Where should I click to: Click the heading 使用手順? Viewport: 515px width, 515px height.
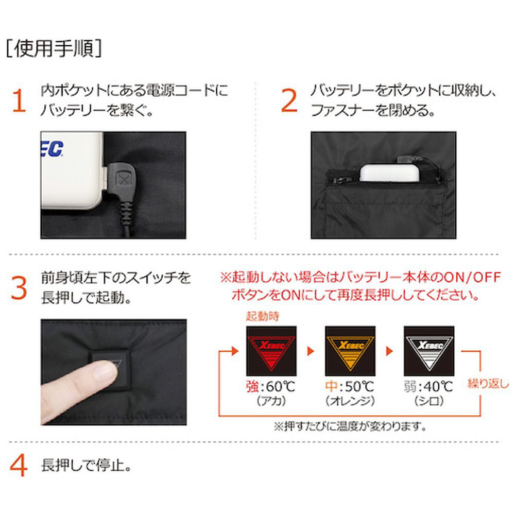tap(54, 49)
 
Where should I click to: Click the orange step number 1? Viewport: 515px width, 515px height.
tap(19, 101)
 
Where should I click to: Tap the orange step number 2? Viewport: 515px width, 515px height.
tap(289, 100)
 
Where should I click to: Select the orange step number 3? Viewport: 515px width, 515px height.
tap(19, 288)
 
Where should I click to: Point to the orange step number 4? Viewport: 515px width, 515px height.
tap(19, 466)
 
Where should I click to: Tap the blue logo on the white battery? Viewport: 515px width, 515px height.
tap(52, 149)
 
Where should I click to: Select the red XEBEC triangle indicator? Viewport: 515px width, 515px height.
tap(271, 351)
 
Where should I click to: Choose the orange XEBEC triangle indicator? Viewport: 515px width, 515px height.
tap(350, 351)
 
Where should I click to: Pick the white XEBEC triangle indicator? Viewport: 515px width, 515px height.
tap(429, 351)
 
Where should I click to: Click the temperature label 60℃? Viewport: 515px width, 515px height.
tap(280, 387)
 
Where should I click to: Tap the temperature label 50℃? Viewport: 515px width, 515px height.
tap(359, 387)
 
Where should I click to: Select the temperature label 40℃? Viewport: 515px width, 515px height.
tap(438, 387)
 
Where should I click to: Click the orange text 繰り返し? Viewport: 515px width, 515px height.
tap(488, 383)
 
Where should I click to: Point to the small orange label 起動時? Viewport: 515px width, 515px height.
tap(263, 316)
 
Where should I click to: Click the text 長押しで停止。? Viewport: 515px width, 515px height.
tap(87, 466)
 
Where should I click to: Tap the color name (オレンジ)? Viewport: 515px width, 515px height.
tap(350, 401)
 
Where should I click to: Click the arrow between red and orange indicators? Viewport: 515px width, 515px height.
tap(311, 351)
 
